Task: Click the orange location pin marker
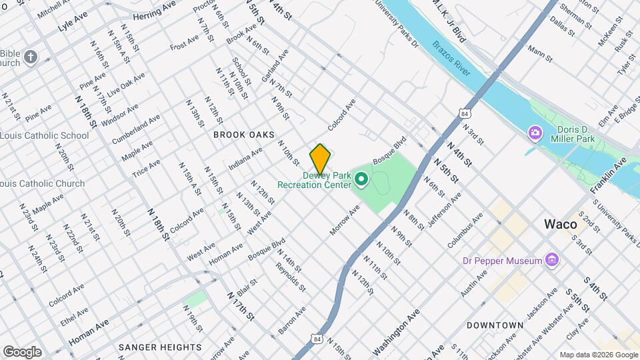pos(320,159)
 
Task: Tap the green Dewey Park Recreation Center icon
pos(362,179)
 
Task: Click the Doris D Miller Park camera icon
pos(535,133)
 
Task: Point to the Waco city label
pos(560,224)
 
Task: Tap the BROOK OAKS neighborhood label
pos(244,135)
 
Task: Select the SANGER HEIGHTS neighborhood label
pos(160,347)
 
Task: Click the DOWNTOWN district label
pos(495,325)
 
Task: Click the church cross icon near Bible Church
pos(31,58)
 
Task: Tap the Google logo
pos(22,351)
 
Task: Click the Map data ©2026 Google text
pos(598,355)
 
